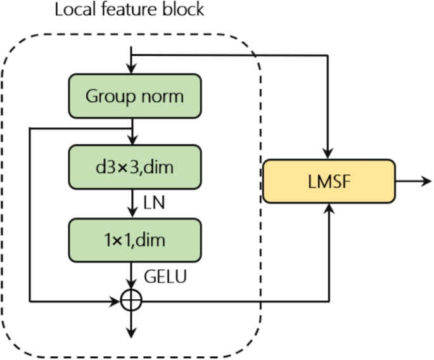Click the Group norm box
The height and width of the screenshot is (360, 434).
click(134, 96)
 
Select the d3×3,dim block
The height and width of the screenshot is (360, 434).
click(134, 167)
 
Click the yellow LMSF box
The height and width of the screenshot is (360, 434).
click(328, 181)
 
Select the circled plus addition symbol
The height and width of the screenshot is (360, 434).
click(131, 300)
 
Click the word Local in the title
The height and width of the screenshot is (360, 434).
click(72, 11)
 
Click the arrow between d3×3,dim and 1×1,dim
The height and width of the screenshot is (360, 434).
click(131, 204)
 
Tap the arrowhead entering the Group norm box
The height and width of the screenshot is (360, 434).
click(131, 70)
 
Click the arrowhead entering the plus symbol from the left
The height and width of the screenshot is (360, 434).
click(118, 300)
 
